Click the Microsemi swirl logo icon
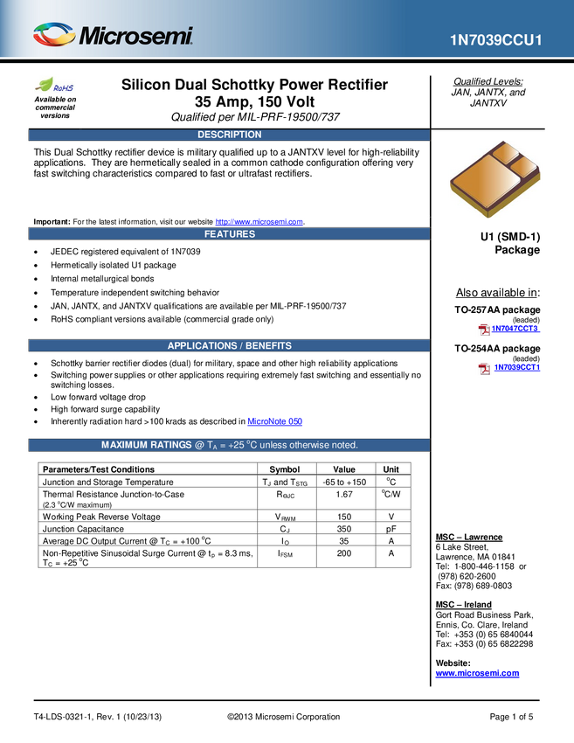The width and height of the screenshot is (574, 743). tap(53, 35)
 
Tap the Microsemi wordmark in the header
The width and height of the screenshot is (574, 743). tap(135, 37)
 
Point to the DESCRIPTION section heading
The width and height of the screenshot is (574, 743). tap(229, 135)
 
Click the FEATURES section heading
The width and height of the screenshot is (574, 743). tap(229, 234)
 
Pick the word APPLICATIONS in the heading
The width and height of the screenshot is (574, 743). tap(202, 346)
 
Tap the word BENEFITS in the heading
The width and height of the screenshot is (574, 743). tap(269, 346)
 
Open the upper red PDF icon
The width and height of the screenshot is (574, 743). tap(483, 330)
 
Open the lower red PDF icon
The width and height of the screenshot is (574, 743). tap(483, 369)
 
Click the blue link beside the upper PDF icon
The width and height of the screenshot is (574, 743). tap(517, 329)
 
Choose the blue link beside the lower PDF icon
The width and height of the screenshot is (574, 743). tap(517, 368)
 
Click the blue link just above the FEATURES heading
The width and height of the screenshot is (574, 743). tap(259, 221)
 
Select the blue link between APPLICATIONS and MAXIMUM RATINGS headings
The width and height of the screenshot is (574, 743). tap(276, 420)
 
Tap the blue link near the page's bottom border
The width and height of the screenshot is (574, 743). tap(477, 674)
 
